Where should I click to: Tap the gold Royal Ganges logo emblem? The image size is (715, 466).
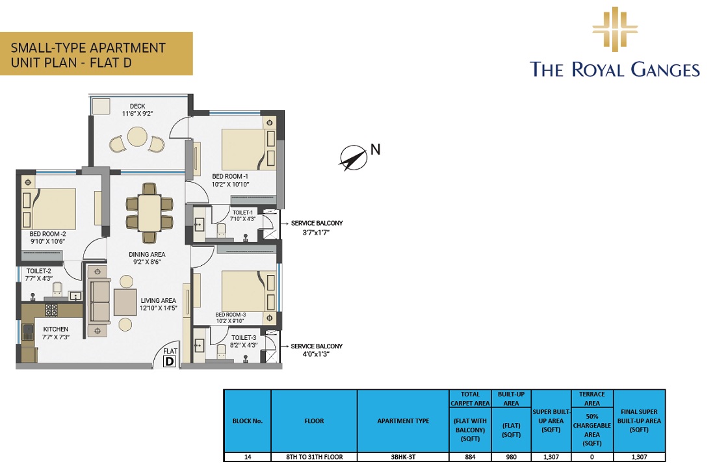coord(614,29)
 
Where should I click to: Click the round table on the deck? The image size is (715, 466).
coord(137,137)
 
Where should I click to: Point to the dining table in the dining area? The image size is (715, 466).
coord(149,212)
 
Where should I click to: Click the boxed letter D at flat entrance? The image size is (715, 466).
coord(170,361)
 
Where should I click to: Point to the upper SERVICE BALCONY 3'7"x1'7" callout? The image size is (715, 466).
coord(317,227)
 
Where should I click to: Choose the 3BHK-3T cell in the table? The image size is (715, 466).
coord(403,457)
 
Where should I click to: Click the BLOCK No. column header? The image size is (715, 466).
coord(247,421)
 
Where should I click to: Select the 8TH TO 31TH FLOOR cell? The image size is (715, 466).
coord(314,457)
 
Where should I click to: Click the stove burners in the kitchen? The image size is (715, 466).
coord(51,310)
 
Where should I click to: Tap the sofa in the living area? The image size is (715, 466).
coord(98,302)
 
